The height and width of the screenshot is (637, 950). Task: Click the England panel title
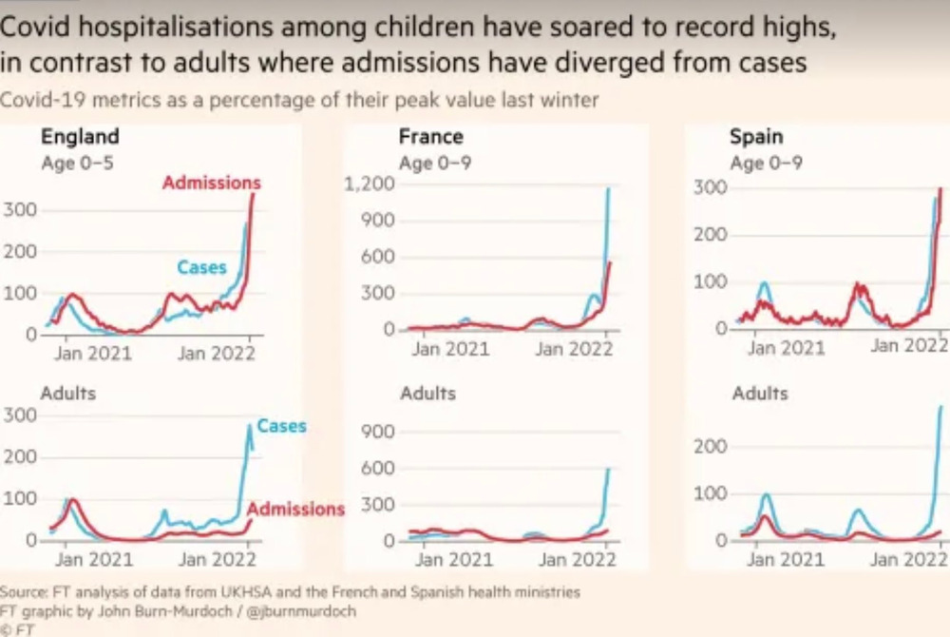tap(80, 136)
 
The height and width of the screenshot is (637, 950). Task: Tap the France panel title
tap(430, 137)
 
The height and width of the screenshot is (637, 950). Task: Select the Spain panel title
tap(756, 137)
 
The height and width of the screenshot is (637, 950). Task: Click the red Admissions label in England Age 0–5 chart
tap(211, 183)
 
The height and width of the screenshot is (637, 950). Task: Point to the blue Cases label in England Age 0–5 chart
tap(201, 268)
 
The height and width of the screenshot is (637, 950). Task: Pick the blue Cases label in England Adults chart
tap(281, 426)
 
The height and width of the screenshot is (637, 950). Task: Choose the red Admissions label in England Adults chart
tap(295, 509)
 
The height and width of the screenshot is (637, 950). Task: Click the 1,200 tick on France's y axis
tap(369, 183)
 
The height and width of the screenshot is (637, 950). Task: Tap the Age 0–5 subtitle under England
tap(78, 163)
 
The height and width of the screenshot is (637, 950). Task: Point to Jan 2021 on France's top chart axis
tap(450, 349)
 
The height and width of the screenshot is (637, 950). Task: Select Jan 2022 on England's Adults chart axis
tap(218, 559)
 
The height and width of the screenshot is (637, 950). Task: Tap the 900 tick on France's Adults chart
tap(376, 432)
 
